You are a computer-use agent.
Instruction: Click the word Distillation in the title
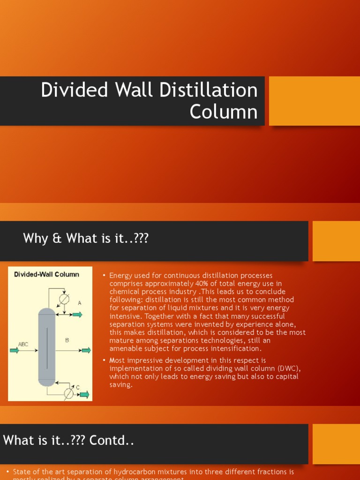coord(209,90)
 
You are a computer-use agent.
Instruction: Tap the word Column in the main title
coord(224,112)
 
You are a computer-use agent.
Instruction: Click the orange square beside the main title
coord(314,101)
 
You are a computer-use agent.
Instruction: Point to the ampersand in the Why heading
coord(57,239)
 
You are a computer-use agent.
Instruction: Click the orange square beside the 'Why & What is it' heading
coord(336,241)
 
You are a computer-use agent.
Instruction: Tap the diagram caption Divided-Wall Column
coord(46,274)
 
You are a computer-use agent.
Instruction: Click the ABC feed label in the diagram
coord(23,344)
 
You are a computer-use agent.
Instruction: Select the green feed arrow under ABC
coord(14,350)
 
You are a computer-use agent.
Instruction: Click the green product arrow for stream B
coord(86,350)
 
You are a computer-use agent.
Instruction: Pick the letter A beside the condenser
coord(80,303)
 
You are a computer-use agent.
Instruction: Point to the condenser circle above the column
coord(64,299)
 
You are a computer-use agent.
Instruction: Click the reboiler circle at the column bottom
coord(68,393)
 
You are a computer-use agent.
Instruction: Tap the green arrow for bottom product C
coord(84,395)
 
